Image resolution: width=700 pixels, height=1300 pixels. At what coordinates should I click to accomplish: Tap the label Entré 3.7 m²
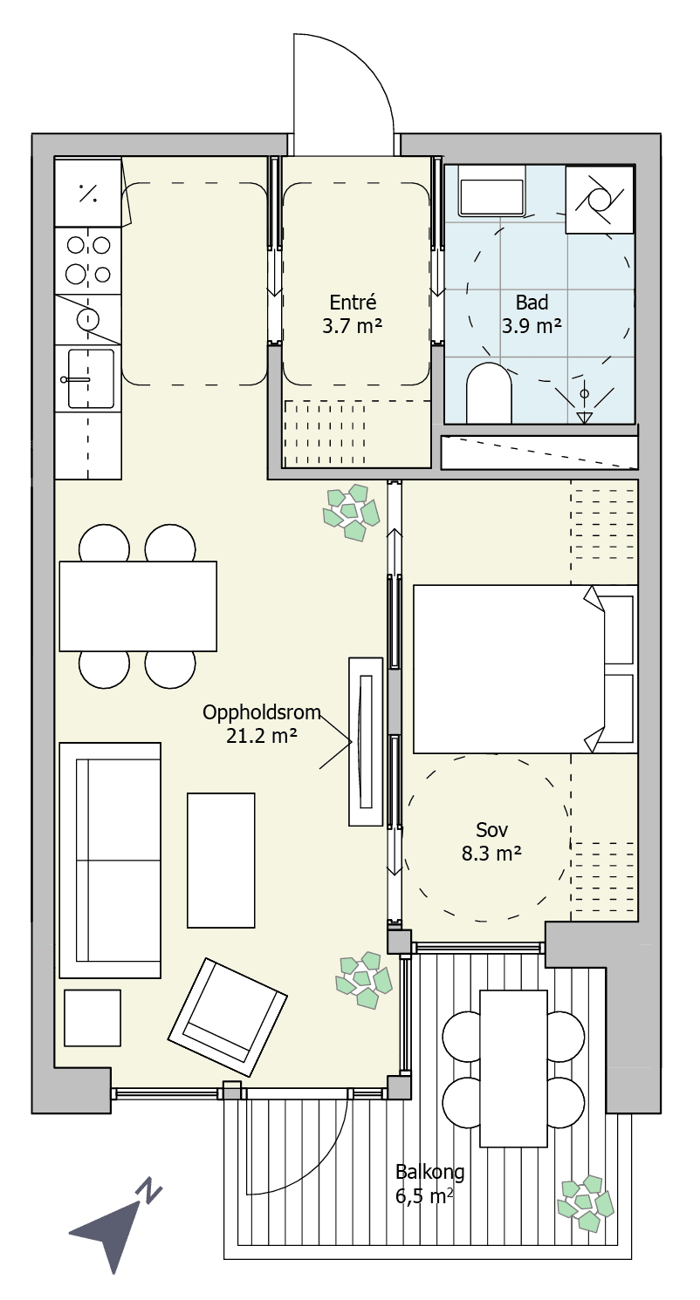(352, 314)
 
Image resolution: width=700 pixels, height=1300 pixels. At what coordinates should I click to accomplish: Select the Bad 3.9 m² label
(532, 314)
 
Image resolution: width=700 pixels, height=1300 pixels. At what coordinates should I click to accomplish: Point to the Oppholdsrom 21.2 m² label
(262, 724)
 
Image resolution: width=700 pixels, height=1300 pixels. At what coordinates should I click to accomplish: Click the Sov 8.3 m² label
(491, 841)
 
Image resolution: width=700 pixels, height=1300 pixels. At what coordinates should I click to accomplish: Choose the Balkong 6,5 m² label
(430, 1184)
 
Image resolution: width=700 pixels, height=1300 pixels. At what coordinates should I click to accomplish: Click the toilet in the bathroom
(489, 393)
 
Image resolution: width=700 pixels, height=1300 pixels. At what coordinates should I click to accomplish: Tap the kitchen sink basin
(91, 378)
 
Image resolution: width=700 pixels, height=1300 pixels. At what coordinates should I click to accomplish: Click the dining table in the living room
(138, 606)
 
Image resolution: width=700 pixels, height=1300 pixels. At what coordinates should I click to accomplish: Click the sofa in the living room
(110, 860)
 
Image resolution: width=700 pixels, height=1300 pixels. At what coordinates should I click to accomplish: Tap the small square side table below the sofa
(93, 1018)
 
